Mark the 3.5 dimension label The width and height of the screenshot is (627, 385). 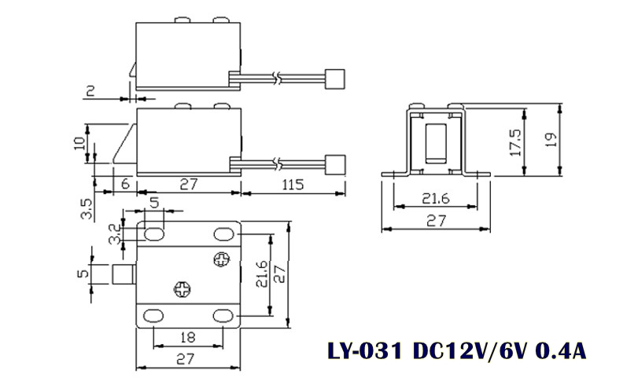tap(87, 210)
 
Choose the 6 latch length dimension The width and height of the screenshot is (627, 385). tap(126, 184)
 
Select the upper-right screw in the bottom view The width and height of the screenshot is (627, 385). tap(223, 258)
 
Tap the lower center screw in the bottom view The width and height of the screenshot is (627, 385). tap(182, 288)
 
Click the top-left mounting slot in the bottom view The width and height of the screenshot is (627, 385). tap(153, 233)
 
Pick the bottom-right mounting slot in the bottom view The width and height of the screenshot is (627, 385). tap(224, 316)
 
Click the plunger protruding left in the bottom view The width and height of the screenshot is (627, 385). tap(124, 276)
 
